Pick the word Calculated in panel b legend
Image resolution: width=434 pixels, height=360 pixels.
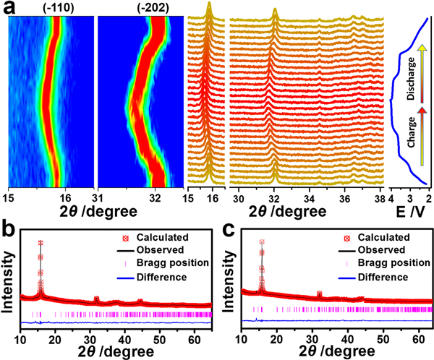(x=163, y=236)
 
